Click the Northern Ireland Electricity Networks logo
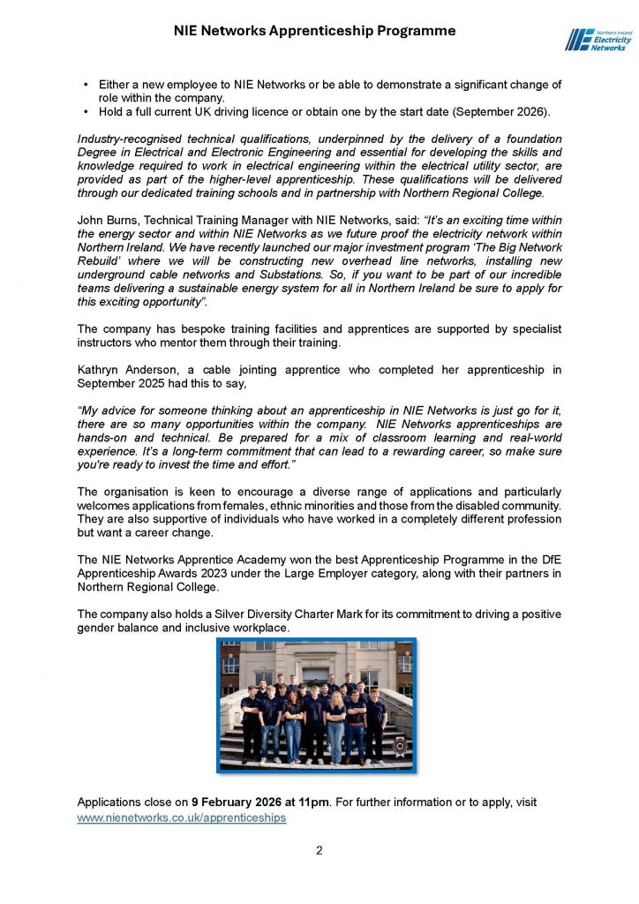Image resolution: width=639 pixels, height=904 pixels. pyautogui.click(x=595, y=39)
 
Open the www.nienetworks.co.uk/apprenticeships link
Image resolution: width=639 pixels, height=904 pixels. pyautogui.click(x=182, y=818)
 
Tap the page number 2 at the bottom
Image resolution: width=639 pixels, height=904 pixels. pyautogui.click(x=319, y=851)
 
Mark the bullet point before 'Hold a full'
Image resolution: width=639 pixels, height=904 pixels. pyautogui.click(x=86, y=112)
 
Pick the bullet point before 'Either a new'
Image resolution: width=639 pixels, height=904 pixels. pyautogui.click(x=86, y=84)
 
